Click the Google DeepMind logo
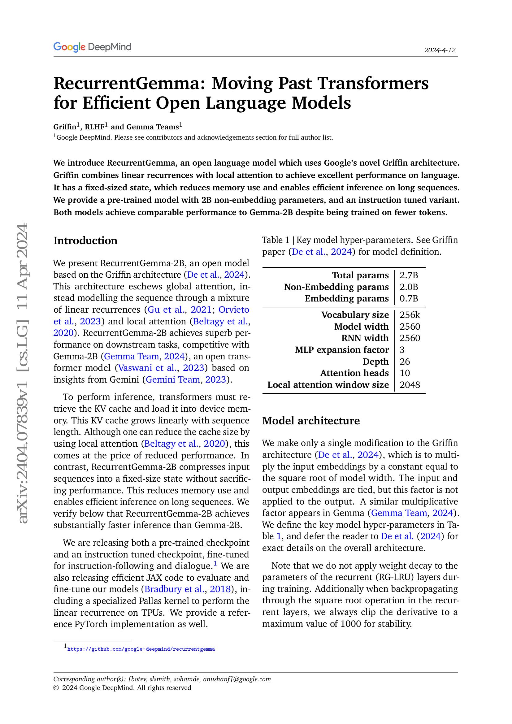92,47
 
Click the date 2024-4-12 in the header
440,50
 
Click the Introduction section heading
85,241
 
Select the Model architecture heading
310,421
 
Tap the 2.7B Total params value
409,275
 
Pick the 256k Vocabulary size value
410,315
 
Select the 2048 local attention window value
410,385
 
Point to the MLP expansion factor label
342,350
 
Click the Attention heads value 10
405,373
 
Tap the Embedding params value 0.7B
409,298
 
